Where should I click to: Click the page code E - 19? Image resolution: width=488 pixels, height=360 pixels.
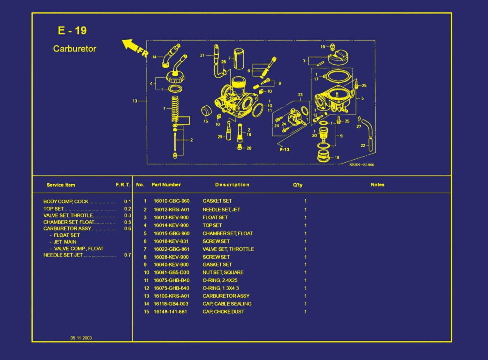(x=72, y=31)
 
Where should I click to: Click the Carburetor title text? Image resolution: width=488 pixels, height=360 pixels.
(x=74, y=49)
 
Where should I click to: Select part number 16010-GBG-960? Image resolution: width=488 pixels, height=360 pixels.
(x=172, y=201)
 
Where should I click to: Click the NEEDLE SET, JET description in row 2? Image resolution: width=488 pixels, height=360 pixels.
(x=221, y=210)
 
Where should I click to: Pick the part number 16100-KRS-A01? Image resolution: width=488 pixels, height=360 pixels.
(x=172, y=296)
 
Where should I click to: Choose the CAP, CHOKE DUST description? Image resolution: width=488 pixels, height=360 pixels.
(x=223, y=311)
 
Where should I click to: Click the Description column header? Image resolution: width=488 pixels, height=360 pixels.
(x=232, y=185)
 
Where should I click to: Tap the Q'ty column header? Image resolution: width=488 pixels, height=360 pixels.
(x=298, y=185)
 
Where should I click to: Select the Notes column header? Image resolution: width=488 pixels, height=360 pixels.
(x=377, y=185)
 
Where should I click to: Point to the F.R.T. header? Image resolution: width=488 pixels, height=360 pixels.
(x=123, y=185)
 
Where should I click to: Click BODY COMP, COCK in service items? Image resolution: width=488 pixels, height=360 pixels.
(x=66, y=202)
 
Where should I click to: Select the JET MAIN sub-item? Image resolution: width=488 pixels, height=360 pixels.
(x=65, y=242)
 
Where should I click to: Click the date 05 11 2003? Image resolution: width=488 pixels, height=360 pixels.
(x=81, y=338)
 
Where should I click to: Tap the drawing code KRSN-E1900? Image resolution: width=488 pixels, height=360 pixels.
(x=362, y=165)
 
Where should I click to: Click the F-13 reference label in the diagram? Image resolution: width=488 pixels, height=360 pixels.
(x=285, y=149)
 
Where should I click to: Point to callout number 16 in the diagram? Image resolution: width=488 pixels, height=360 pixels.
(x=323, y=47)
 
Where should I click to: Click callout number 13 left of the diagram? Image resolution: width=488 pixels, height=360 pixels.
(x=135, y=101)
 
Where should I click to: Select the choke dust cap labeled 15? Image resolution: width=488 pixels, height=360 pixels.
(x=206, y=111)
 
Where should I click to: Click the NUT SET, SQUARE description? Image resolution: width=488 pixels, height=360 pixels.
(x=223, y=272)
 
